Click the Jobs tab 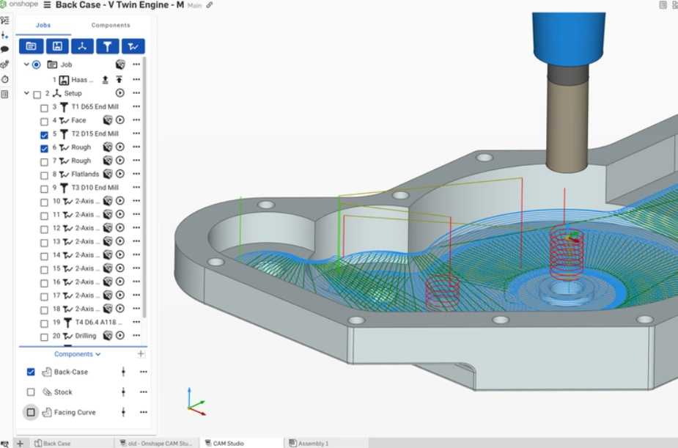point(43,25)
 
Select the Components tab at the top point(111,25)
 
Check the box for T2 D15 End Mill point(44,134)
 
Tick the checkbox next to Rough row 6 point(44,147)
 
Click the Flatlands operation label point(85,175)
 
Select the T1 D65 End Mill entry point(95,107)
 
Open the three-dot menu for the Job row point(136,65)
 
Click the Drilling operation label point(85,336)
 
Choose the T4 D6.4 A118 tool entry point(96,323)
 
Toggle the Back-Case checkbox point(31,372)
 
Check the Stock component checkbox point(31,392)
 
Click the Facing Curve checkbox point(31,412)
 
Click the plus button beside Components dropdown point(141,354)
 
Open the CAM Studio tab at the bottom point(228,443)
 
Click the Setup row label point(73,94)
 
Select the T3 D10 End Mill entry point(95,188)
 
